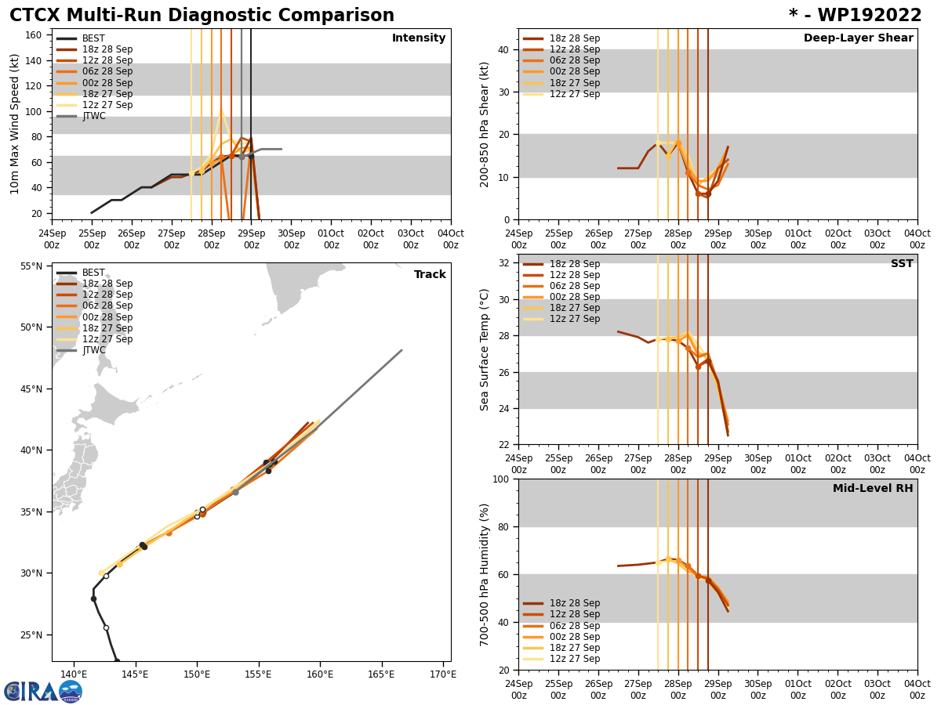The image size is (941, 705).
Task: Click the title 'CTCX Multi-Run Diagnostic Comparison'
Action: tap(202, 16)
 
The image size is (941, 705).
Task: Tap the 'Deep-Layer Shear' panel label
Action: tap(858, 38)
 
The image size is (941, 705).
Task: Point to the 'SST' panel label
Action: tap(901, 264)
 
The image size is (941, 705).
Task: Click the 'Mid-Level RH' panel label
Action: tap(873, 489)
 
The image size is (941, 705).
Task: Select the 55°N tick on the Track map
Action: tap(32, 266)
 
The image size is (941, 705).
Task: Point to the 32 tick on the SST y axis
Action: tap(505, 263)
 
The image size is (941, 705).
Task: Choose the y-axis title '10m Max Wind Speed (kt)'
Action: tap(15, 124)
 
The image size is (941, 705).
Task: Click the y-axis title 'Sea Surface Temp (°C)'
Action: tap(485, 349)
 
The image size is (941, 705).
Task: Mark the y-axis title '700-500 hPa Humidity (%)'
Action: tap(485, 574)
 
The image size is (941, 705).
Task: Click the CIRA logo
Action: tap(42, 692)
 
